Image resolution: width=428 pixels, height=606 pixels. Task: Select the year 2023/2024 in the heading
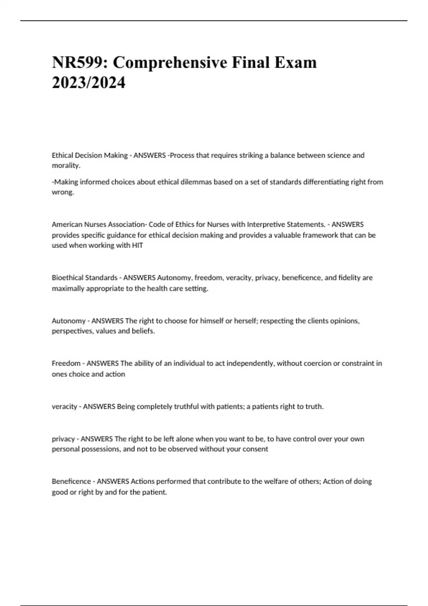(88, 83)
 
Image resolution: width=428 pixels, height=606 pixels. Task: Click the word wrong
(62, 192)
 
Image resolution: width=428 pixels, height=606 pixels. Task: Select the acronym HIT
(137, 245)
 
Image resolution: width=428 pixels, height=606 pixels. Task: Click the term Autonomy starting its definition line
(68, 321)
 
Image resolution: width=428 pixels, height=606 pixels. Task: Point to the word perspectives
(72, 331)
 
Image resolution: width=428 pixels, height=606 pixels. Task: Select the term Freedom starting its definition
(66, 363)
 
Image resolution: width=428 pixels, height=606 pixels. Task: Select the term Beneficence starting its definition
(71, 481)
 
